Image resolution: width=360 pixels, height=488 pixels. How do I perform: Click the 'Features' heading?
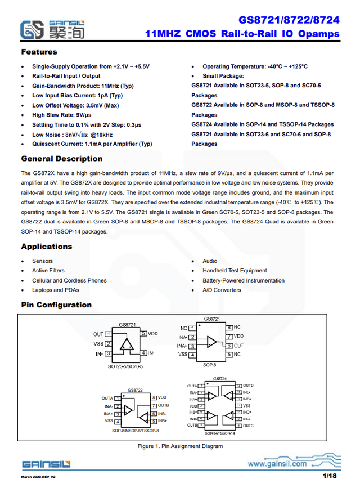click(39, 52)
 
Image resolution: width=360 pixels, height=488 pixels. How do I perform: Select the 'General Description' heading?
click(61, 159)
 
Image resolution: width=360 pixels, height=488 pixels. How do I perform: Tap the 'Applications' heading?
click(47, 247)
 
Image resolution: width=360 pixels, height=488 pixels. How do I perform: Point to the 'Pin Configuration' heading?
click(56, 305)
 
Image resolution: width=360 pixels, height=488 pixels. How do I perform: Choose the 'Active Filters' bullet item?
click(48, 271)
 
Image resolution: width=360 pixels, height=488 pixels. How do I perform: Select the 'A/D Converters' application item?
click(222, 290)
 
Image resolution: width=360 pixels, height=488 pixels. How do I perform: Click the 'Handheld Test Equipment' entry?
click(235, 271)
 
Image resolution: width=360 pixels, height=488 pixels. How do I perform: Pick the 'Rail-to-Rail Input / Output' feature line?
click(66, 76)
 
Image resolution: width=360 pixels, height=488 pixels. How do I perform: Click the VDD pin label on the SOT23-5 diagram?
click(154, 334)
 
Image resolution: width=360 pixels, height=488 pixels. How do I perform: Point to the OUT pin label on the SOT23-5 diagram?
click(98, 334)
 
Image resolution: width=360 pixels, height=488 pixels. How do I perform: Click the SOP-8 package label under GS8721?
click(210, 365)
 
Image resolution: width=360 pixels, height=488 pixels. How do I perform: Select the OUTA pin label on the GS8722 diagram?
click(107, 398)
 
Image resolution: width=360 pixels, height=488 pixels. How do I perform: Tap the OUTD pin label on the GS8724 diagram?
click(248, 386)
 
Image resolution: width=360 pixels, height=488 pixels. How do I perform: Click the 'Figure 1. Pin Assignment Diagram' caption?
click(180, 446)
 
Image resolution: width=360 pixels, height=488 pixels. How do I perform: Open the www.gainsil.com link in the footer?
click(277, 464)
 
